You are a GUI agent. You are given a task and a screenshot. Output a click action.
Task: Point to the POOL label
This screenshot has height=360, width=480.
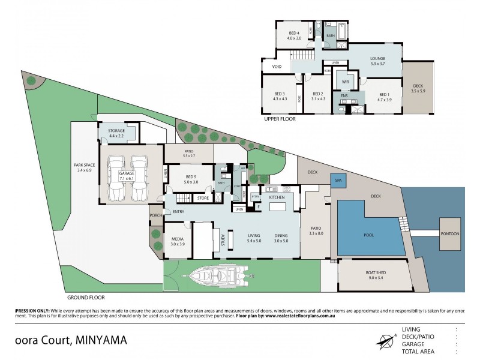pyautogui.click(x=368, y=235)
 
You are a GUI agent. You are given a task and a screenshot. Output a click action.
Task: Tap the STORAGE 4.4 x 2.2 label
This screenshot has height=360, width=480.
pyautogui.click(x=116, y=133)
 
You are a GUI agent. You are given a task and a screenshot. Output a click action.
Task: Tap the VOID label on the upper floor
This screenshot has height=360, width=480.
pyautogui.click(x=277, y=67)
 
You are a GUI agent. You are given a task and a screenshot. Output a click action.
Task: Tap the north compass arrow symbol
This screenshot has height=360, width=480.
pyautogui.click(x=384, y=340)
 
